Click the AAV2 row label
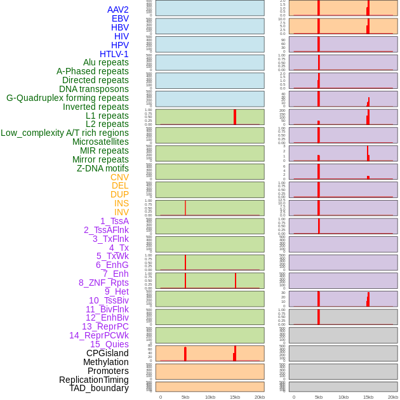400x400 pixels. click(x=117, y=10)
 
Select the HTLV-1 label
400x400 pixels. click(x=114, y=54)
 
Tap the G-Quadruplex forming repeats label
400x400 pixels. click(x=67, y=98)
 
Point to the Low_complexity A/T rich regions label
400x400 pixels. click(x=65, y=133)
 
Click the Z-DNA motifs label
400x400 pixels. click(x=103, y=168)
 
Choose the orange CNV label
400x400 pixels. click(x=119, y=177)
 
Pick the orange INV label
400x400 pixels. click(x=121, y=212)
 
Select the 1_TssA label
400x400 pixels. click(x=114, y=221)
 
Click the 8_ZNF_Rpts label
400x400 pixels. click(x=103, y=283)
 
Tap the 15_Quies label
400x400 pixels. click(x=109, y=344)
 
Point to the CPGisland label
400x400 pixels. click(x=107, y=353)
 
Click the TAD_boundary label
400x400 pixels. click(x=99, y=388)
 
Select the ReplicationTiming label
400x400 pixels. click(x=93, y=380)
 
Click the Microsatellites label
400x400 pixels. click(x=100, y=142)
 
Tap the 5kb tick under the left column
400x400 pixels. click(x=185, y=397)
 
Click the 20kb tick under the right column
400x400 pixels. click(x=392, y=397)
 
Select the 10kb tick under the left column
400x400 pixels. click(x=210, y=397)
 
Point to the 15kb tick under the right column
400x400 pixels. click(x=368, y=397)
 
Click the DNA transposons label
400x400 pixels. click(x=94, y=89)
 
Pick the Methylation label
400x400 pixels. click(x=105, y=362)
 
